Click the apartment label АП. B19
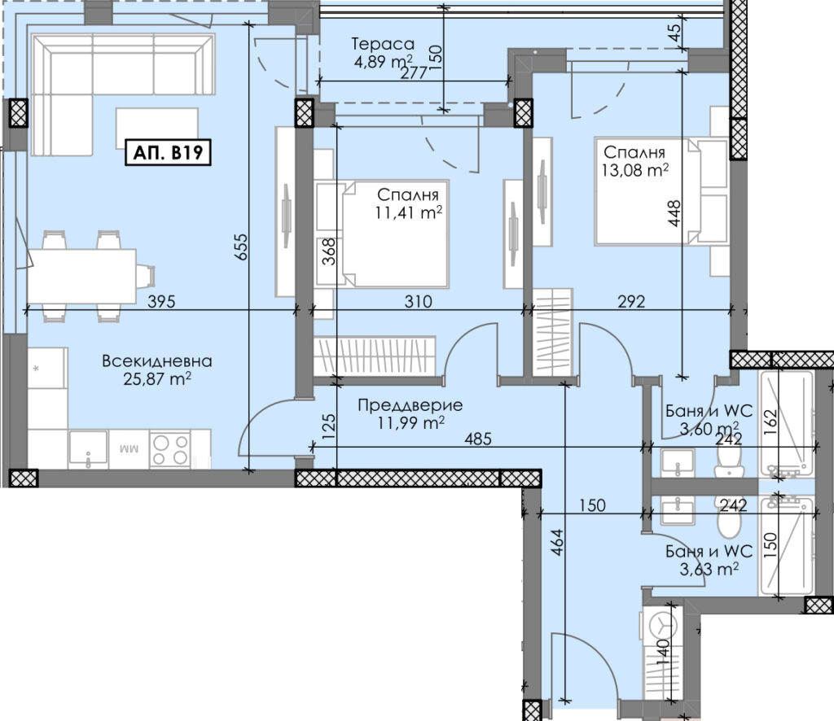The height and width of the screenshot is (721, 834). [168, 152]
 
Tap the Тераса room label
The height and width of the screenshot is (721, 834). [383, 44]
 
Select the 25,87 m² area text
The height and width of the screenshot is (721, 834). [157, 379]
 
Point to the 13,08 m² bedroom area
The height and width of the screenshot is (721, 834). [635, 170]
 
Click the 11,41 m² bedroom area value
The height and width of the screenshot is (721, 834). [409, 212]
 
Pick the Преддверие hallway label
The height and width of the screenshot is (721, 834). [410, 405]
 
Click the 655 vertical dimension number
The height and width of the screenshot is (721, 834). [241, 247]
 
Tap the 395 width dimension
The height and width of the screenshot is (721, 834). [161, 302]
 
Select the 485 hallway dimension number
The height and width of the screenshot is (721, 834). [477, 439]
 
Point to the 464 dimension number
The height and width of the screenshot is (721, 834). [556, 543]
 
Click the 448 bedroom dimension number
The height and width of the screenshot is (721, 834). [674, 213]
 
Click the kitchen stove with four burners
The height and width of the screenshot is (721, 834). [170, 450]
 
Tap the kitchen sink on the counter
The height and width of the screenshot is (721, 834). [88, 449]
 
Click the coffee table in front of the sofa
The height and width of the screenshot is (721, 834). [157, 129]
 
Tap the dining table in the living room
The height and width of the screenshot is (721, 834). [81, 277]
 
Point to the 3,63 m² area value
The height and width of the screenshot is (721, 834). [709, 569]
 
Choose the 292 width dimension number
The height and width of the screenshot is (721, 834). [631, 302]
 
